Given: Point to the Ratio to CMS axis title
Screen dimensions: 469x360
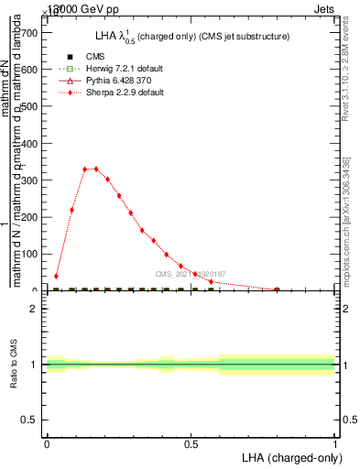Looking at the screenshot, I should coord(14,365).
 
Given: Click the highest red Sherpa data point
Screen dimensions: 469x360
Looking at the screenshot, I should coord(95,169).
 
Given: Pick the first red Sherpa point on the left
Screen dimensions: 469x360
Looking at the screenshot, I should coord(57,276).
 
